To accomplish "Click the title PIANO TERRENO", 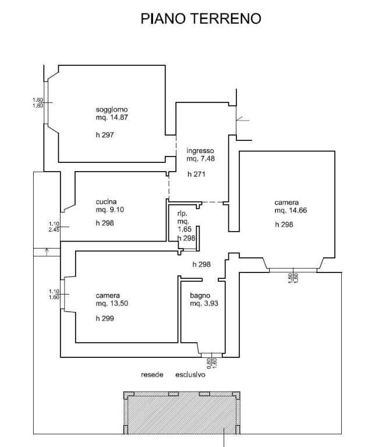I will [201, 19].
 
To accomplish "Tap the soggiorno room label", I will [111, 109].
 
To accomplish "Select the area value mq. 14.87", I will [112, 117].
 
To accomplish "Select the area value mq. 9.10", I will [110, 210].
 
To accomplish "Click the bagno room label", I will [199, 295].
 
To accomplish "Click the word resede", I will [151, 374].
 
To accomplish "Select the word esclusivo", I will [190, 374].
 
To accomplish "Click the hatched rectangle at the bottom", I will [181, 414].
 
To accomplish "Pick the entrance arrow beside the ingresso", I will [243, 120].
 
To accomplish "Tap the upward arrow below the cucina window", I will [47, 251].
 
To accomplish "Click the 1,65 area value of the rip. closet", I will [184, 230].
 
